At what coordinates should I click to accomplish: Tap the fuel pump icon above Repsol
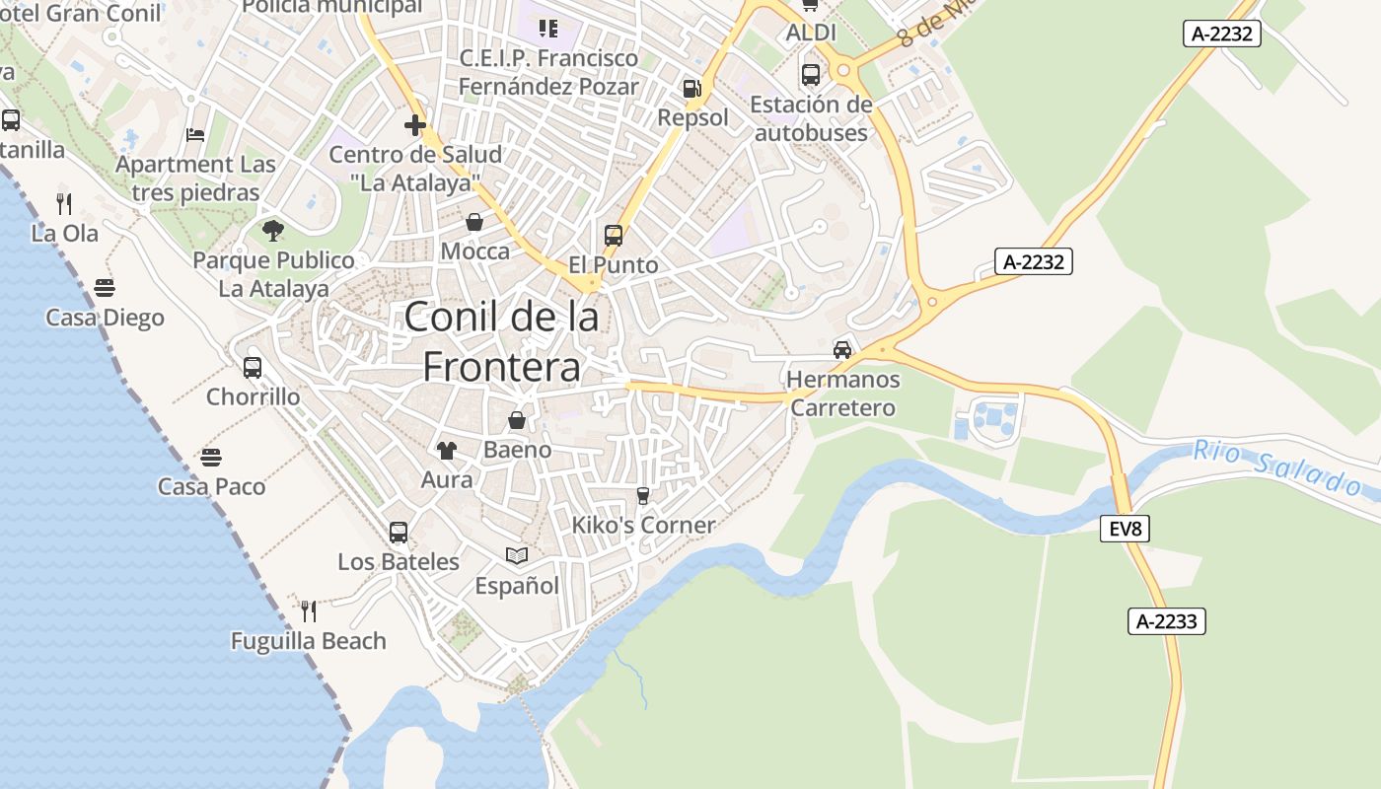[x=691, y=89]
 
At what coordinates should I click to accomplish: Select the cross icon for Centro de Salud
[x=415, y=125]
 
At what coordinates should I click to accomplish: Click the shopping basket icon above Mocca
[x=474, y=222]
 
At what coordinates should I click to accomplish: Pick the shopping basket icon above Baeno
[x=517, y=420]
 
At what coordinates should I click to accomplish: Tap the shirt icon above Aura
[x=447, y=451]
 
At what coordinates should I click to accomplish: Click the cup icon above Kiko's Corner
[x=643, y=495]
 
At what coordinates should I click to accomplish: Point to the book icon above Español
[x=517, y=556]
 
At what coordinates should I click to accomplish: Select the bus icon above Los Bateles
[x=399, y=533]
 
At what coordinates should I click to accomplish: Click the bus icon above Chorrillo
[x=253, y=368]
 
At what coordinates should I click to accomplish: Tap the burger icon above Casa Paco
[x=211, y=458]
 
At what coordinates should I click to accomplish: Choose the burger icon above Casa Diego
[x=105, y=288]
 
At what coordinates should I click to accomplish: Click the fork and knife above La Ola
[x=64, y=204]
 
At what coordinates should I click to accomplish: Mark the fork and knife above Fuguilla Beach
[x=308, y=611]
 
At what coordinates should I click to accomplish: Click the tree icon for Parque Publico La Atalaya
[x=273, y=231]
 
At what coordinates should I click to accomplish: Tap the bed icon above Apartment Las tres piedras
[x=195, y=135]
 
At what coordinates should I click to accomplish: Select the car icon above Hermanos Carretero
[x=842, y=350]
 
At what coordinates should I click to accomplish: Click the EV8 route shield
[x=1125, y=529]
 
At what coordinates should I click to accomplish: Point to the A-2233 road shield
[x=1167, y=621]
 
